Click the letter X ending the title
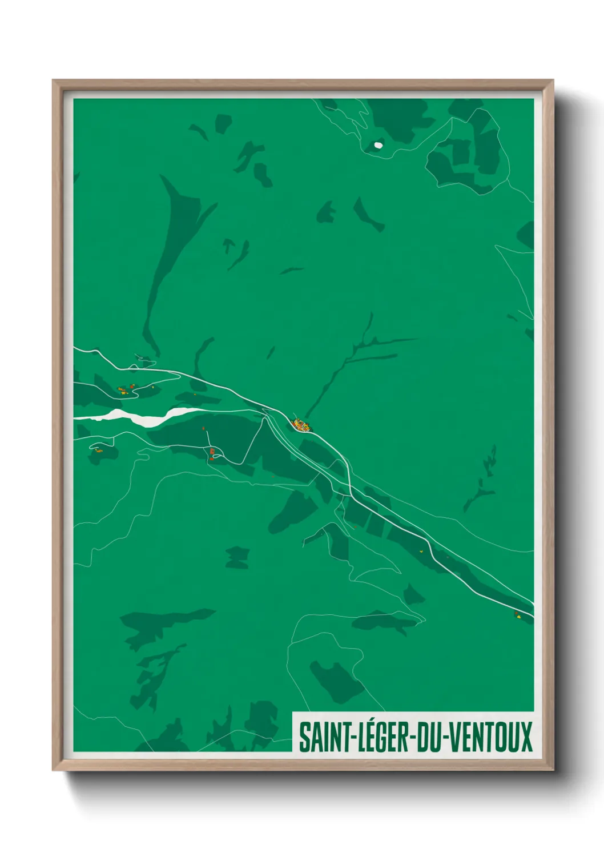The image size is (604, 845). [x=526, y=737]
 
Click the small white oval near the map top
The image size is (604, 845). [x=378, y=145]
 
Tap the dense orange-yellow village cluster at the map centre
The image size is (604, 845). [x=300, y=425]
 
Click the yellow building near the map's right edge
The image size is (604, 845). [x=517, y=615]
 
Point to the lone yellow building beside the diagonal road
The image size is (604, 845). [x=421, y=551]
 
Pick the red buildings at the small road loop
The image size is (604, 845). [x=212, y=453]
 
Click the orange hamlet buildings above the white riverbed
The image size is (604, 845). [x=124, y=390]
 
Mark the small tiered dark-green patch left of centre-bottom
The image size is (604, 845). [x=237, y=557]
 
